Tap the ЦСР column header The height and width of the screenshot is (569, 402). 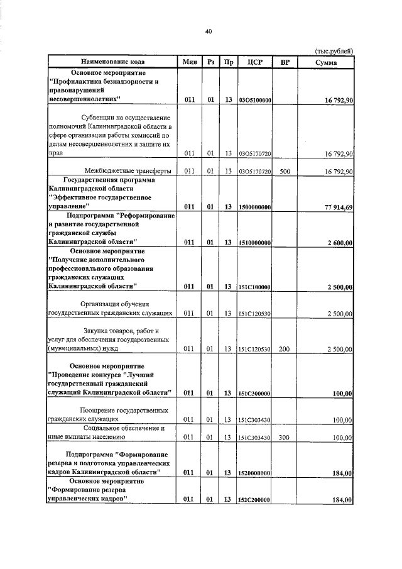tap(255, 62)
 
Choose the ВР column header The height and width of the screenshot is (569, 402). tap(285, 62)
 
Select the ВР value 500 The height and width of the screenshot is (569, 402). tap(285, 171)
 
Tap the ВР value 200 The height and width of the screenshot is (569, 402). tap(285, 349)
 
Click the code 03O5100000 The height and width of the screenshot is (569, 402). tap(255, 100)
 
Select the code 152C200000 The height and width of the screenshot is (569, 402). tap(255, 500)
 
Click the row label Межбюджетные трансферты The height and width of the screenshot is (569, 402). tap(128, 170)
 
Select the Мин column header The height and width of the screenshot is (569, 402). tap(190, 62)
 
